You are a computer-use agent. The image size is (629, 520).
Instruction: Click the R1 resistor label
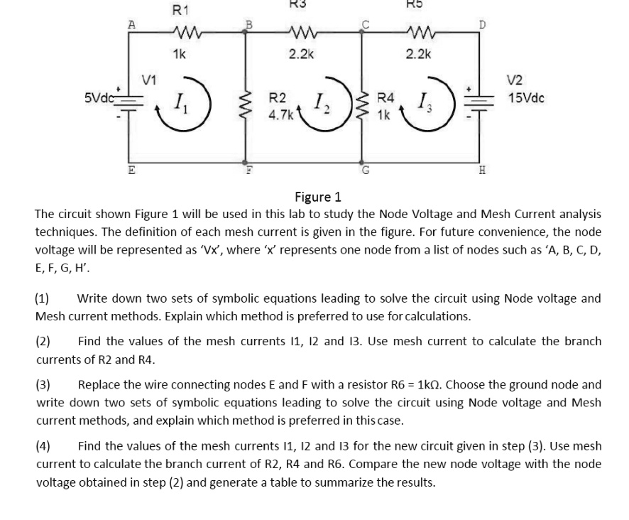(181, 10)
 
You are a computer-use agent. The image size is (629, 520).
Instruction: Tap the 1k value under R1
(180, 54)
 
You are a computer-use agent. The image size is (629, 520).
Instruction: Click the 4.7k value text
(280, 114)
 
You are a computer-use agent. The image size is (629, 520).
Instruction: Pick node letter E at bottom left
(131, 170)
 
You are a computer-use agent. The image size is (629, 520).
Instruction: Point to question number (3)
(43, 385)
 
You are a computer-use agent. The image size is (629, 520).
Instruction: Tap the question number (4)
(43, 447)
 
